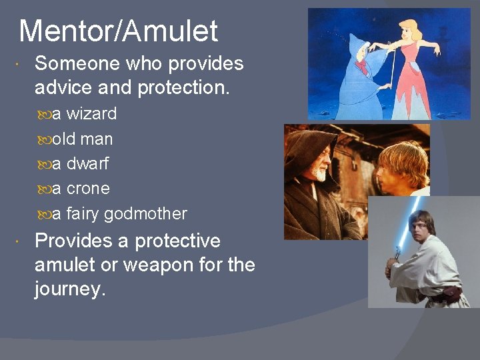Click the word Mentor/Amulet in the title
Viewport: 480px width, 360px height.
pyautogui.click(x=119, y=31)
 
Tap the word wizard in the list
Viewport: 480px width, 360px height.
pyautogui.click(x=91, y=114)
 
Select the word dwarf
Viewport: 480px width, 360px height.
pyautogui.click(x=87, y=164)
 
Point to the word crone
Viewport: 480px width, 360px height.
pyautogui.click(x=88, y=189)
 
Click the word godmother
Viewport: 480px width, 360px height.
pyautogui.click(x=145, y=214)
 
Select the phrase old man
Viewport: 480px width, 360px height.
pyautogui.click(x=83, y=139)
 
